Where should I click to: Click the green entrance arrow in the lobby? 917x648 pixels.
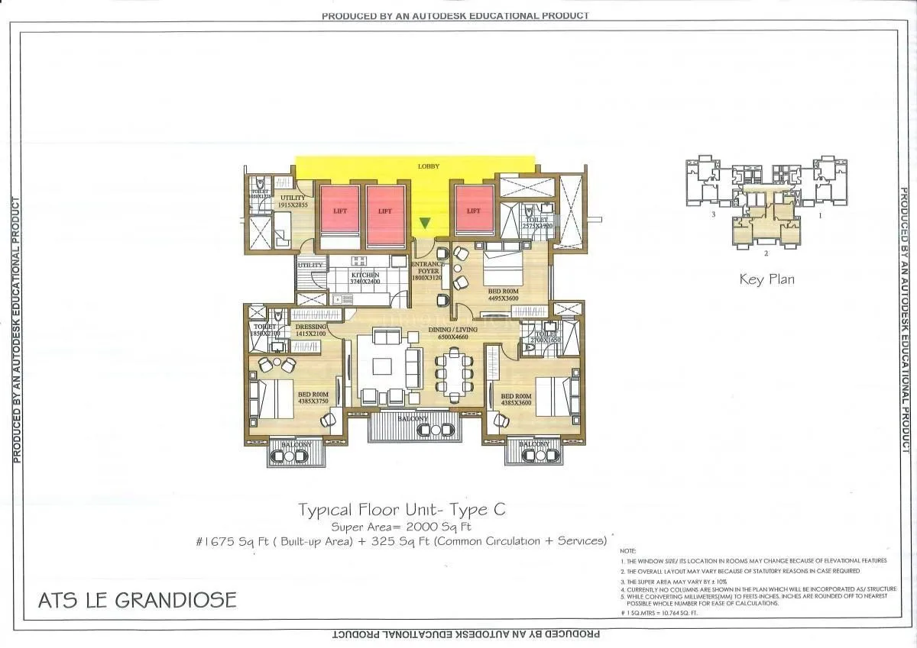click(426, 223)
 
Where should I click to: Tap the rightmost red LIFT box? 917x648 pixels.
click(474, 211)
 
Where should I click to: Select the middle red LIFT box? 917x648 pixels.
click(384, 211)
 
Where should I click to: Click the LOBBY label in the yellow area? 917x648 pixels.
click(428, 166)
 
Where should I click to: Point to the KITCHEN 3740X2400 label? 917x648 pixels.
click(365, 278)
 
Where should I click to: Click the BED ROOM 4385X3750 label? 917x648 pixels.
click(313, 399)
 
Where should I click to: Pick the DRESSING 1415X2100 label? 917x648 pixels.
click(310, 330)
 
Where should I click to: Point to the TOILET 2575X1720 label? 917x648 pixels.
click(536, 223)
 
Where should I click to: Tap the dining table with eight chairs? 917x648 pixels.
click(455, 373)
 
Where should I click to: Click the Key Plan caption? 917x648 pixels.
click(766, 279)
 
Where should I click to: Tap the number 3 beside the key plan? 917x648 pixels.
click(712, 216)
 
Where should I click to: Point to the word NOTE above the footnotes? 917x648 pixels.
click(627, 550)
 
